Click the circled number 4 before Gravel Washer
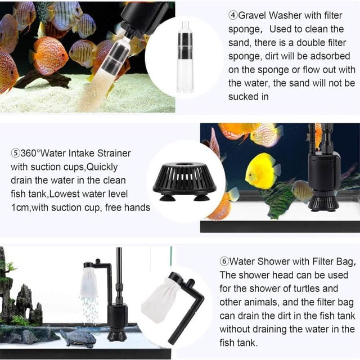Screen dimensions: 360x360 point(232,15)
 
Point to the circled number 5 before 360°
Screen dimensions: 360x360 point(15,153)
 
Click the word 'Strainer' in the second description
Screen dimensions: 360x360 point(112,153)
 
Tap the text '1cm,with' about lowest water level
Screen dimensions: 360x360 point(31,208)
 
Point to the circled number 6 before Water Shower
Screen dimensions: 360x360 point(224,262)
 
